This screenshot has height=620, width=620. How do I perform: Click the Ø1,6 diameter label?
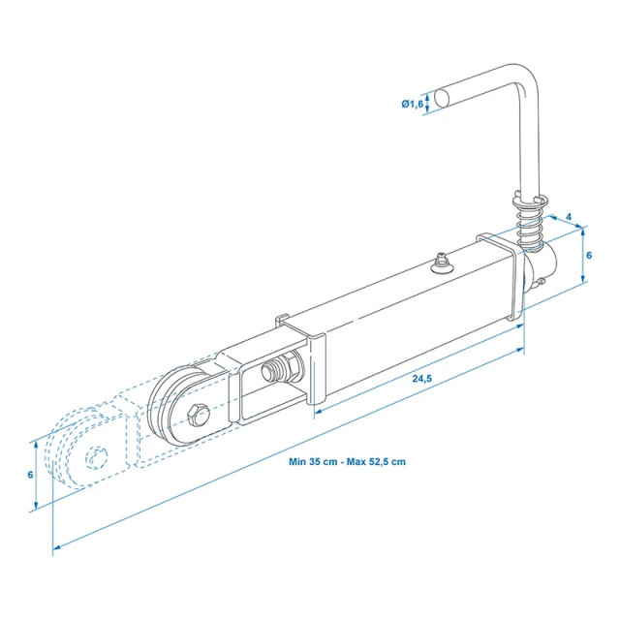411,104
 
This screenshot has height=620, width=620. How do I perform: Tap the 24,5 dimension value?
420,379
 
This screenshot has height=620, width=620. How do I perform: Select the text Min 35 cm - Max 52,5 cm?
347,461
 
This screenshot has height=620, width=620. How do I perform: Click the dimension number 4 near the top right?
568,217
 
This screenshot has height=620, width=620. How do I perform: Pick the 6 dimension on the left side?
30,475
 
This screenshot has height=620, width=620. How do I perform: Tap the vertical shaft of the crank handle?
531,145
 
